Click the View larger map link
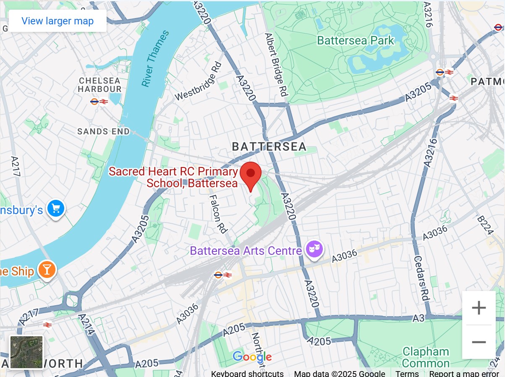point(58,21)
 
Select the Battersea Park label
point(356,41)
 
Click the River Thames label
point(155,59)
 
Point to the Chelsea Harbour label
point(99,84)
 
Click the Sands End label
point(103,131)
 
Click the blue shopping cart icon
point(55,209)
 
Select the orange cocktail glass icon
point(47,270)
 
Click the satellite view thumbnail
point(26,352)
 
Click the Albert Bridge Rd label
point(275,65)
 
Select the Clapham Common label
point(426,357)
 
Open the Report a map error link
point(464,374)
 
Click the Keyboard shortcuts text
point(247,374)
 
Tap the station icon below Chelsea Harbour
point(99,102)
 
